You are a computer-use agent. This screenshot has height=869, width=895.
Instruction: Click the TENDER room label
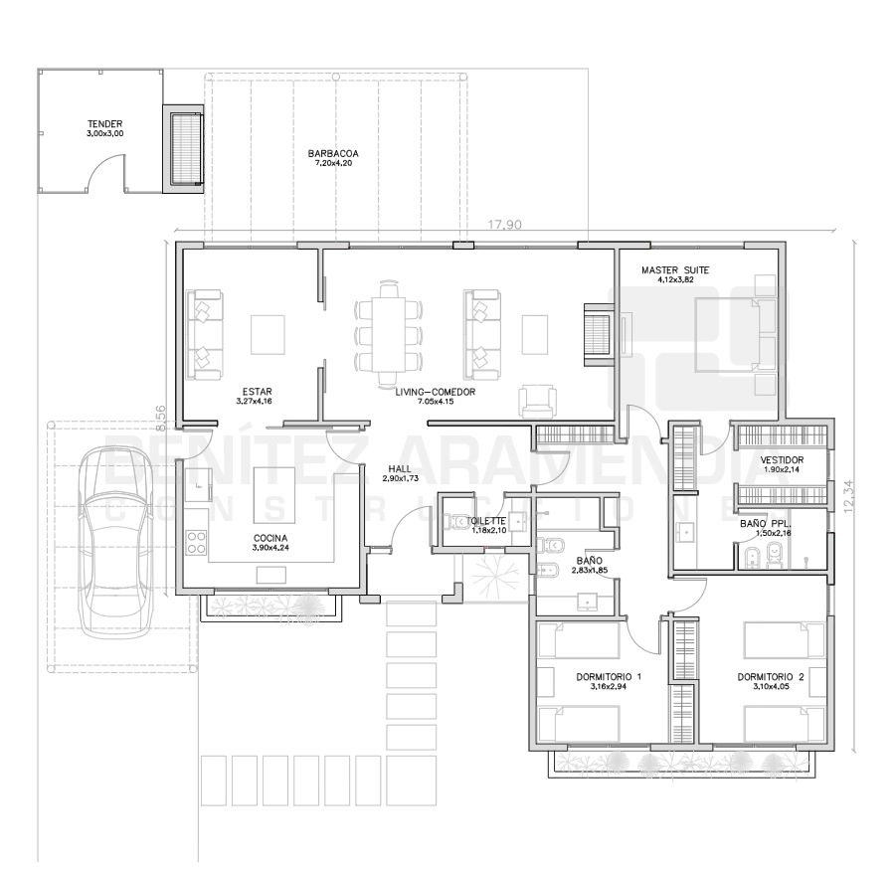(105, 124)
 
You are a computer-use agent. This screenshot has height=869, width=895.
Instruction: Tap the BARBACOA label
(333, 153)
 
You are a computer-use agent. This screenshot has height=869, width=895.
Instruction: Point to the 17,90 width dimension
(504, 225)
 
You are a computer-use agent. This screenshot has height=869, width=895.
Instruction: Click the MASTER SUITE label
(675, 269)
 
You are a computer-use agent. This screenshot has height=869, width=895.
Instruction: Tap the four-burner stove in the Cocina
(196, 542)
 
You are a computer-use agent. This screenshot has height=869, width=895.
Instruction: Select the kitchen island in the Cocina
(274, 495)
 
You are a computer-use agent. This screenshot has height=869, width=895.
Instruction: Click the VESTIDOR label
(782, 460)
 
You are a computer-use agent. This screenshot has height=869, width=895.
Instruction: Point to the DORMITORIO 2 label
(771, 677)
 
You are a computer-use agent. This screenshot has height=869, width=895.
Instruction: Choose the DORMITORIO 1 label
(609, 677)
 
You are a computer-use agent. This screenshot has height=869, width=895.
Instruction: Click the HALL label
(400, 469)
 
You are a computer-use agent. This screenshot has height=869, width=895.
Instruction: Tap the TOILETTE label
(486, 521)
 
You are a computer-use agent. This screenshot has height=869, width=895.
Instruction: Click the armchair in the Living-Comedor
(537, 402)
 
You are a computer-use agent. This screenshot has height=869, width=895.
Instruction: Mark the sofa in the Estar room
(204, 334)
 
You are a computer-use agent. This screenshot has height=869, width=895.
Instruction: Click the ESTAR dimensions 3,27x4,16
(254, 401)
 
